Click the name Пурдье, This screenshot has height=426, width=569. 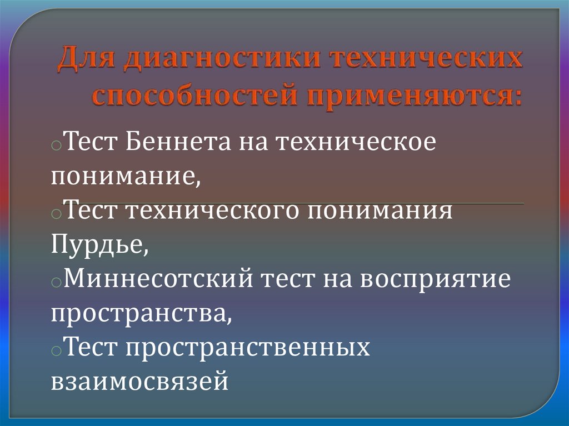pyautogui.click(x=100, y=245)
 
